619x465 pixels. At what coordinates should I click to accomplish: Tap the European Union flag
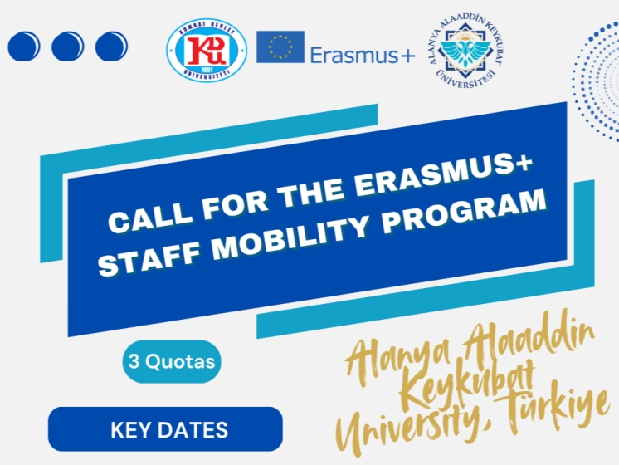pos(280,47)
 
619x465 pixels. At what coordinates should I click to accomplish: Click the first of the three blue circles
pos(24,45)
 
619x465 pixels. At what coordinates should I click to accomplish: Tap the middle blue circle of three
pos(68,45)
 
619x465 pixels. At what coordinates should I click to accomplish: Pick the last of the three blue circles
pos(112,45)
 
